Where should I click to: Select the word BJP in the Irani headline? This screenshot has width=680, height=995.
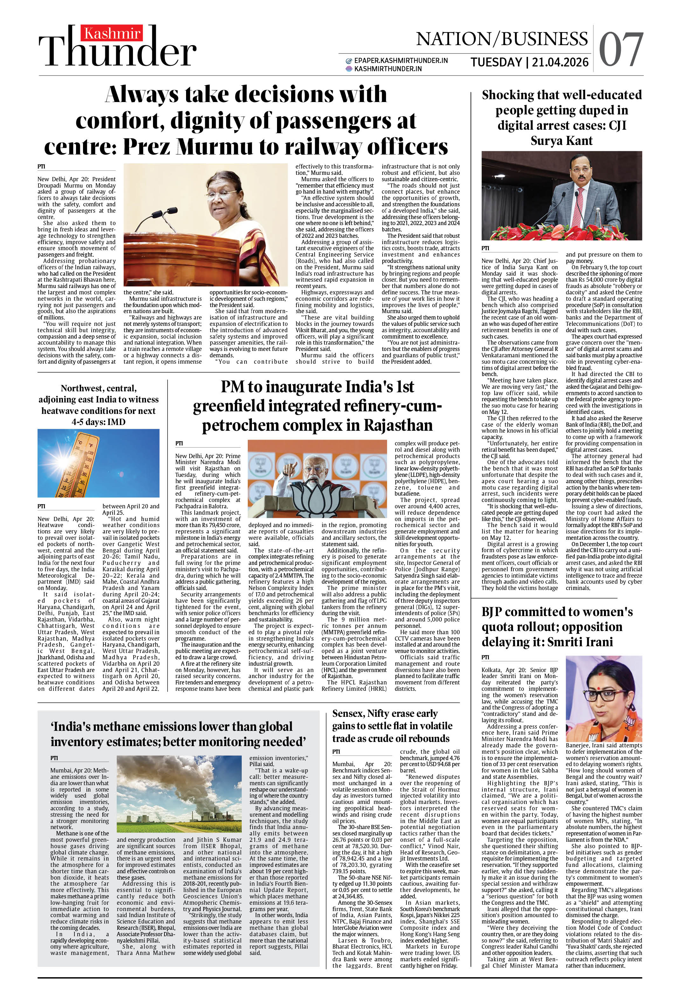tap(492, 612)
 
